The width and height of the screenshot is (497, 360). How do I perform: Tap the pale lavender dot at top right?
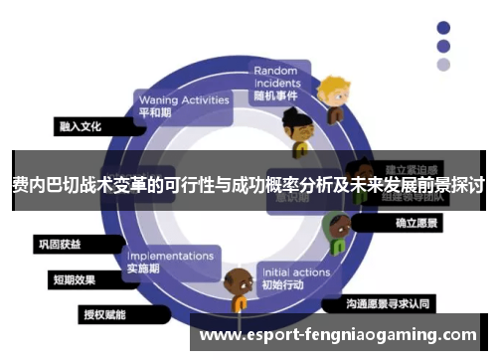(x=443, y=65)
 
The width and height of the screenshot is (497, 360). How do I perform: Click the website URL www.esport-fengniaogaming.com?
(x=338, y=335)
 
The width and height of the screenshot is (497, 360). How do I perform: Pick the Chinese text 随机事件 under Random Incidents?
(x=277, y=96)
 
